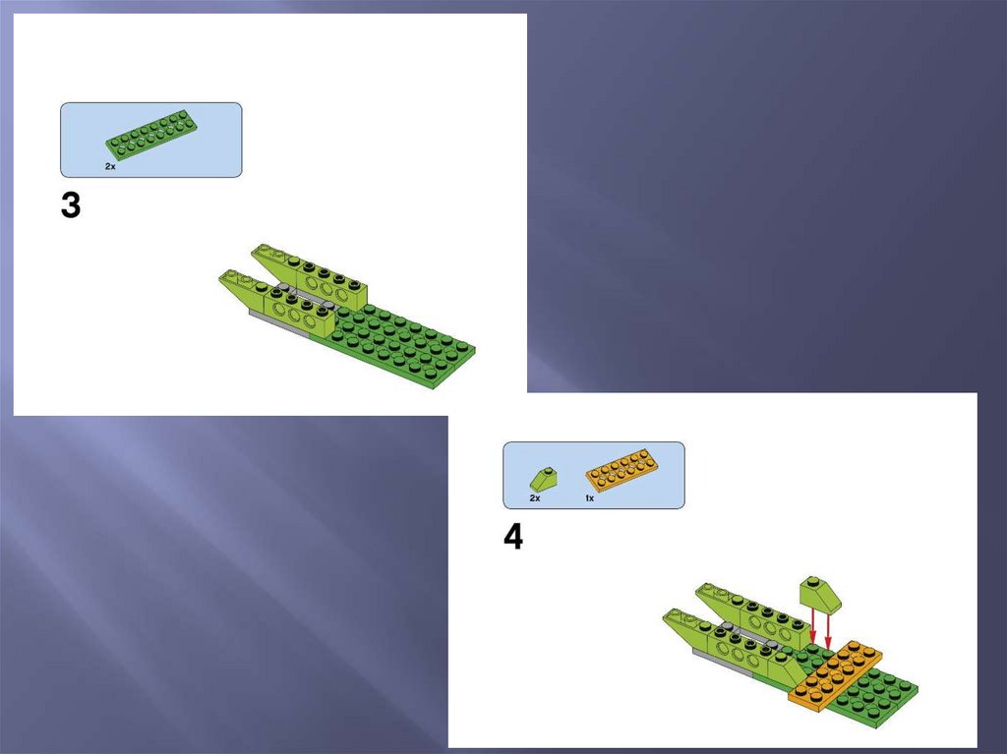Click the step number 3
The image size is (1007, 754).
71,205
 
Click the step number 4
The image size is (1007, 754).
513,537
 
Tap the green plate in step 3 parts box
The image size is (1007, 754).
151,134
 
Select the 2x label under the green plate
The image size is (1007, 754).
110,166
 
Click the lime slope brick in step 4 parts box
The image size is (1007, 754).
543,478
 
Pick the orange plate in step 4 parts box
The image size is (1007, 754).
622,471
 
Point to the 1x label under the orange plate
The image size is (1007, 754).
590,498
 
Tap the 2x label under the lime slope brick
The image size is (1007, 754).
535,498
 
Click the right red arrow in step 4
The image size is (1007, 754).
828,631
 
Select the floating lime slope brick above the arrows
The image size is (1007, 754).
820,595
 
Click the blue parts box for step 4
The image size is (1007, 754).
593,475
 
